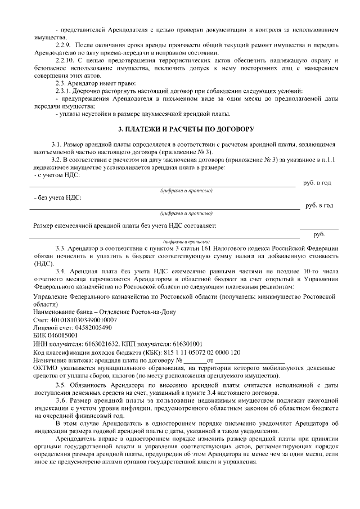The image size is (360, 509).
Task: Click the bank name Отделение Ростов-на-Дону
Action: tap(133, 312)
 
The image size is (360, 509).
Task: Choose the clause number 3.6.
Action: tap(61, 400)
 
